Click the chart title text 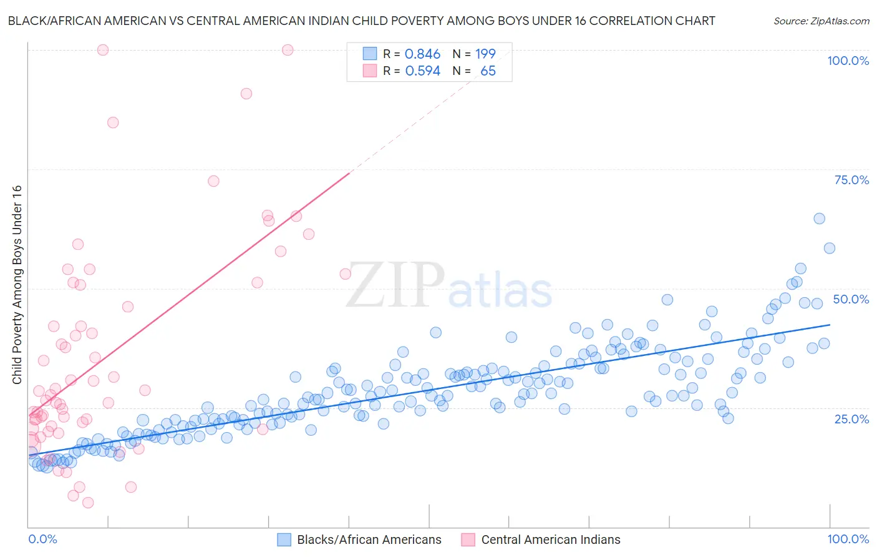[361, 21]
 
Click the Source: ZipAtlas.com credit [821, 21]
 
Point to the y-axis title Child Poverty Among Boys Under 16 [17, 285]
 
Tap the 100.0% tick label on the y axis [848, 61]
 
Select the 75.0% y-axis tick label [851, 180]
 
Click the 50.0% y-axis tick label [851, 299]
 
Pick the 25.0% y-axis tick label [851, 418]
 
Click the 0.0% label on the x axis [42, 539]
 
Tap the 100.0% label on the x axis [848, 539]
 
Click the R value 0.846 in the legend [422, 54]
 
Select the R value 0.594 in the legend [422, 71]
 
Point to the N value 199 [485, 54]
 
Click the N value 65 [488, 71]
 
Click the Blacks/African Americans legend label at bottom [369, 540]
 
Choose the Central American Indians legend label [551, 540]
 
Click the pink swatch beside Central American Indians [468, 540]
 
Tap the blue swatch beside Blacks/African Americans [284, 540]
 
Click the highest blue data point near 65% [819, 219]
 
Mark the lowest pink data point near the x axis [88, 503]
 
